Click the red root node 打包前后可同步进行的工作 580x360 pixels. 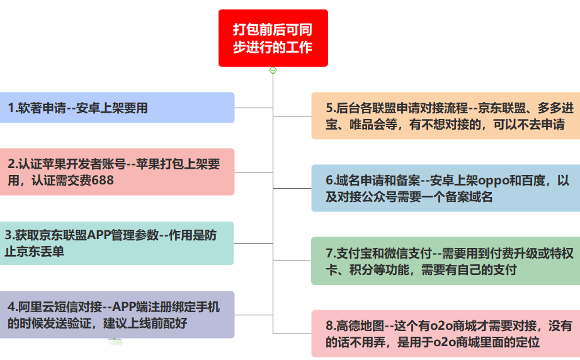pyautogui.click(x=273, y=38)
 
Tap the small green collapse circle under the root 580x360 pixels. pyautogui.click(x=273, y=70)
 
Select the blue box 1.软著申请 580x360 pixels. pyautogui.click(x=117, y=108)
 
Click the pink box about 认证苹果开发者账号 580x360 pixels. pyautogui.click(x=117, y=172)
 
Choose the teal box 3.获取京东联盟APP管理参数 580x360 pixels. pyautogui.click(x=117, y=243)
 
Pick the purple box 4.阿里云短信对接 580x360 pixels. pyautogui.click(x=117, y=315)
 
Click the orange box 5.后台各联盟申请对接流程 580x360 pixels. pyautogui.click(x=446, y=116)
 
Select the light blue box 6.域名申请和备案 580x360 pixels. pyautogui.click(x=446, y=188)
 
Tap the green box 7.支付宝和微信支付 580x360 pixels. pyautogui.click(x=446, y=261)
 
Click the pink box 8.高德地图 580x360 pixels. pyautogui.click(x=446, y=334)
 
